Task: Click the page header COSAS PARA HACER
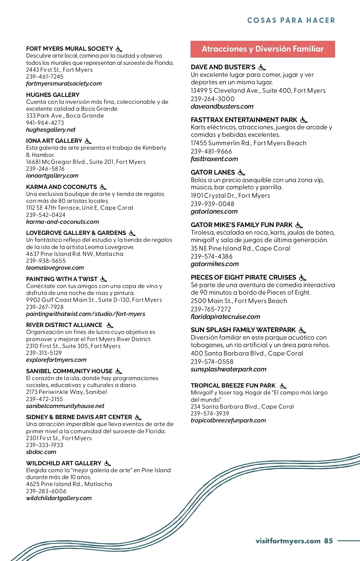tap(291, 20)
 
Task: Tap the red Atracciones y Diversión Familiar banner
tap(262, 49)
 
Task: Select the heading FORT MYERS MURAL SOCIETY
tap(70, 49)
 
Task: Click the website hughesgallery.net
tap(51, 130)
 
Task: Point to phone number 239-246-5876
tap(45, 169)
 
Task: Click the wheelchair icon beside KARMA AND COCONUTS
tap(103, 187)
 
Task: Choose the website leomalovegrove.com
tap(55, 268)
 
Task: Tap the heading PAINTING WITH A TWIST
tap(62, 279)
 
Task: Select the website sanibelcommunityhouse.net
tap(65, 406)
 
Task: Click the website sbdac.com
tap(41, 452)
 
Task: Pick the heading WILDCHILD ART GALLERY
tap(64, 463)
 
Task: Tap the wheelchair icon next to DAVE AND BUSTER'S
tap(262, 67)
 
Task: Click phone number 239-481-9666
tap(211, 151)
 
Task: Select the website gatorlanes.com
tap(214, 211)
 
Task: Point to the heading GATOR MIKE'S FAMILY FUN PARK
tap(241, 225)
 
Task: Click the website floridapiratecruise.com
tap(225, 317)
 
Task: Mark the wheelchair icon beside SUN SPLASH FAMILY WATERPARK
tap(302, 330)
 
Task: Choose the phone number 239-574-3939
tap(210, 413)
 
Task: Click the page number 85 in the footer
tap(328, 541)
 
